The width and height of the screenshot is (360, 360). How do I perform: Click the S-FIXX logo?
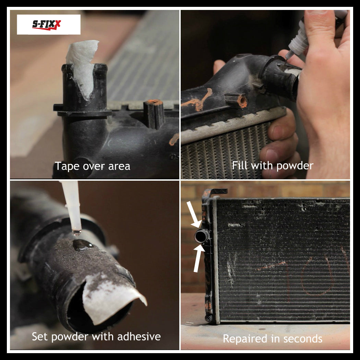(48, 24)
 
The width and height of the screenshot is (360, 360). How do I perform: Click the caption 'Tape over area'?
(93, 166)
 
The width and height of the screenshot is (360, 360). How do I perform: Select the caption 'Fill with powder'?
(273, 166)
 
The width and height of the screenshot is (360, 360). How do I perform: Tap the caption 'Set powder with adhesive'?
(96, 336)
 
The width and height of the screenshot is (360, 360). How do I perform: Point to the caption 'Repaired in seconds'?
(273, 339)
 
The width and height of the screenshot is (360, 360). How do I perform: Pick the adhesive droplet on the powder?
(82, 244)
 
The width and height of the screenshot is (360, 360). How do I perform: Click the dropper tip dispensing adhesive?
(76, 230)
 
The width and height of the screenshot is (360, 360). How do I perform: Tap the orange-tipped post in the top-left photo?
(154, 113)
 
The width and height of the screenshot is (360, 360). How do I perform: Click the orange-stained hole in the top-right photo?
(242, 101)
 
